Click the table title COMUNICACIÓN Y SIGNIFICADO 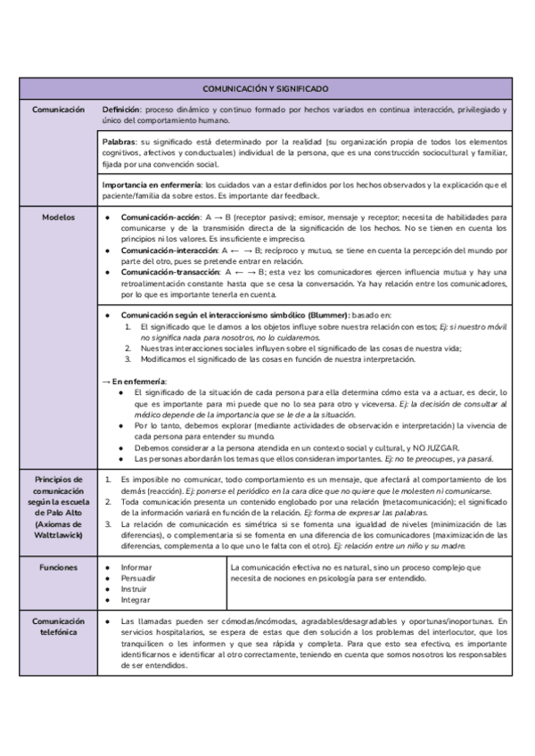(x=266, y=89)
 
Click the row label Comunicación (x=58, y=110)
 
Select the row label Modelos (x=58, y=217)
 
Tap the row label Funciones (x=58, y=567)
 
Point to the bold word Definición (x=121, y=110)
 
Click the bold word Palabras (x=119, y=143)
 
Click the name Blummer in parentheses (x=326, y=316)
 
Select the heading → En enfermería (x=134, y=382)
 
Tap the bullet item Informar (x=136, y=567)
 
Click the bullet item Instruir (x=135, y=588)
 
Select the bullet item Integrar (x=136, y=599)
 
